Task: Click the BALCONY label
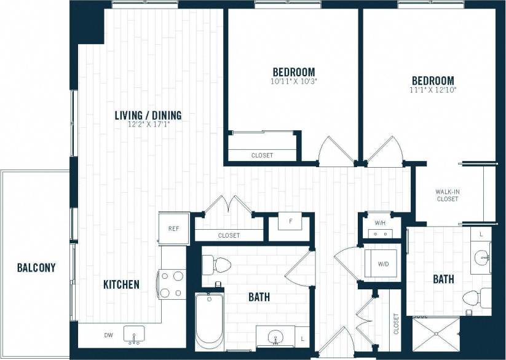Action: [x=36, y=268]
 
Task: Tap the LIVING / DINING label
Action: [x=148, y=115]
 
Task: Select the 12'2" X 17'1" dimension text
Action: [x=148, y=124]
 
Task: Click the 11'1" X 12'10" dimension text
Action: [x=433, y=90]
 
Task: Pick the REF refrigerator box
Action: [x=173, y=228]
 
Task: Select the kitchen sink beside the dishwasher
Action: [x=135, y=335]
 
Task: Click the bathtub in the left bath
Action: [x=209, y=322]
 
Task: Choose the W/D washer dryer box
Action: [x=382, y=264]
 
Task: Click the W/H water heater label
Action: [x=379, y=222]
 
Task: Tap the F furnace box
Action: [x=290, y=219]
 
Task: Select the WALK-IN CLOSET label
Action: [x=448, y=195]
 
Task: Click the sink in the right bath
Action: [x=481, y=257]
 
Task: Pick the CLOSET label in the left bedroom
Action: [x=262, y=155]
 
